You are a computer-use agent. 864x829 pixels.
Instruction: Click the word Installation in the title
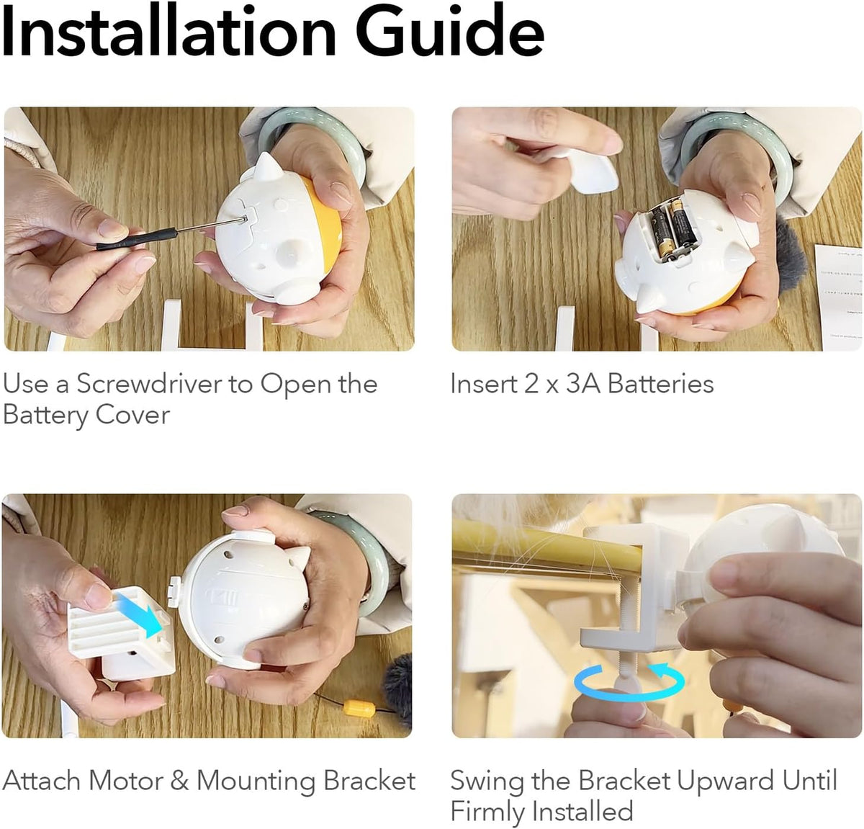click(x=168, y=31)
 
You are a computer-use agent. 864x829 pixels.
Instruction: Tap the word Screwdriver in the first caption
click(x=149, y=384)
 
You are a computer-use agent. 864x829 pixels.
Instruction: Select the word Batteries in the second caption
click(x=661, y=384)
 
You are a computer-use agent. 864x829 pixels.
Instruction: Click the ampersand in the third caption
click(x=180, y=781)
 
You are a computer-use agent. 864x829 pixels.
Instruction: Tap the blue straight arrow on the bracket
click(x=138, y=614)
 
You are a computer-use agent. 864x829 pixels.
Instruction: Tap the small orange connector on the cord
click(x=359, y=708)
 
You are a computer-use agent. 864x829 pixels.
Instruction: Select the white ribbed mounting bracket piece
click(x=120, y=629)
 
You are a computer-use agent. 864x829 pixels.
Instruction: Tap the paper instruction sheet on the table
click(x=839, y=297)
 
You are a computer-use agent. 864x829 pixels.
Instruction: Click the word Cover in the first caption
click(x=132, y=415)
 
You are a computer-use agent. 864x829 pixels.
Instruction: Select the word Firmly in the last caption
click(x=487, y=812)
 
